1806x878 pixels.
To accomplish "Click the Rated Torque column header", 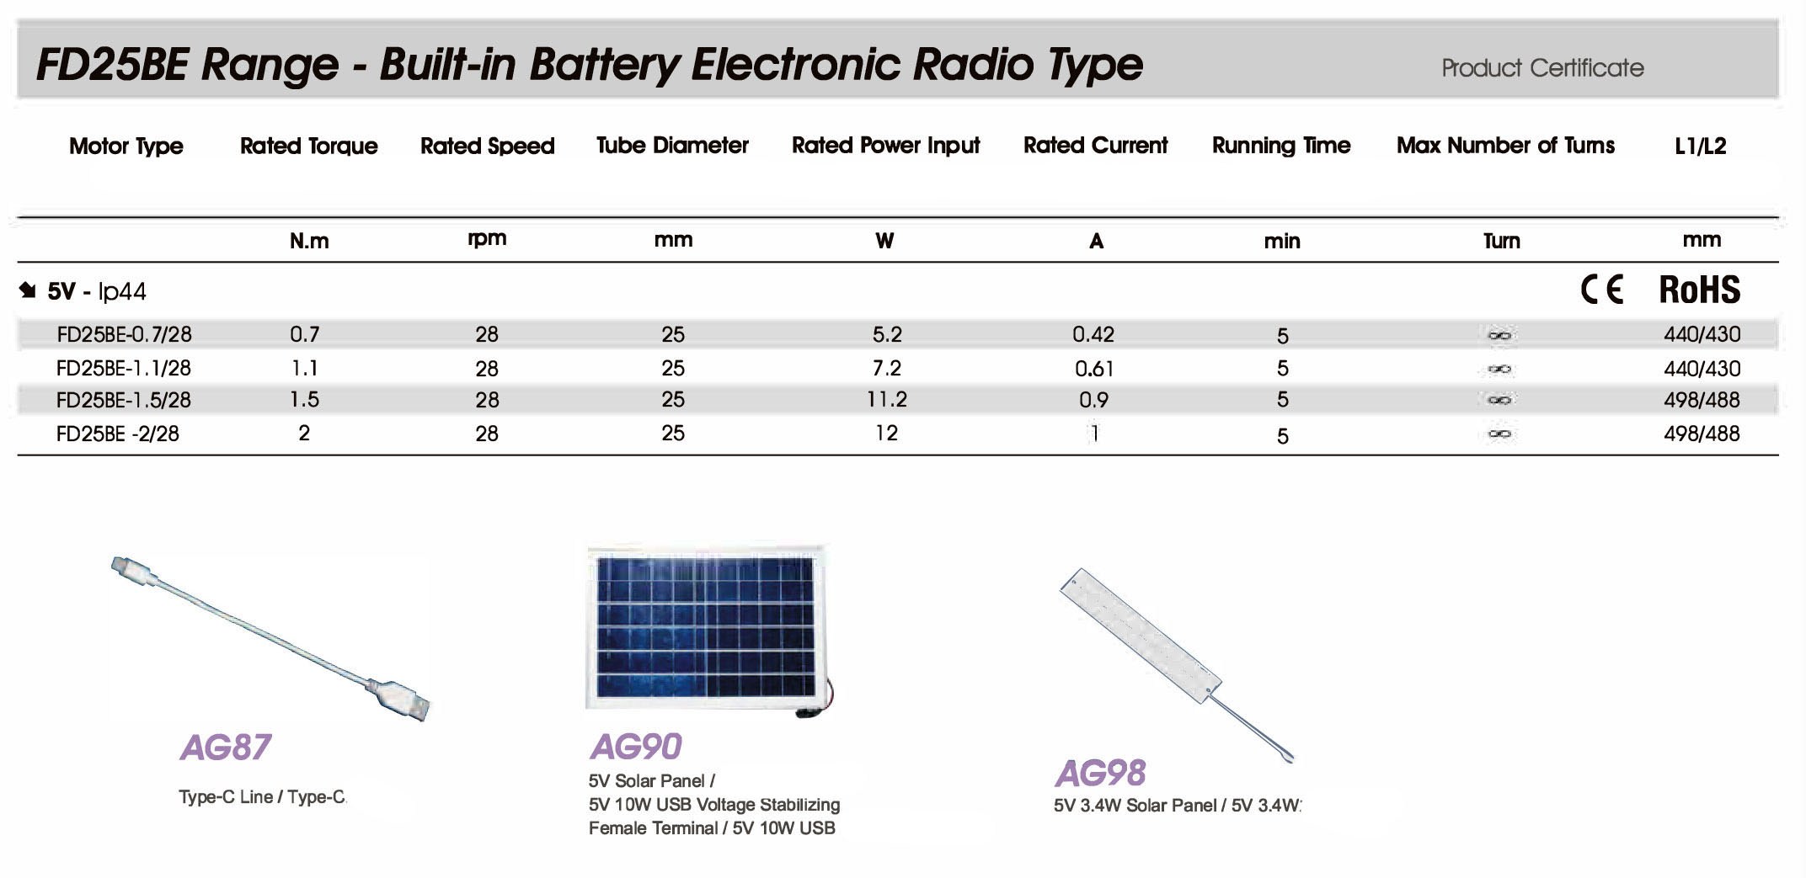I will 308,146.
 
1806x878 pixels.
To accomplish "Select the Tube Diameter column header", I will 672,146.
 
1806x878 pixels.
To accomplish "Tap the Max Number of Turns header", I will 1505,146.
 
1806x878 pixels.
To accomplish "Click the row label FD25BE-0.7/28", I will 124,334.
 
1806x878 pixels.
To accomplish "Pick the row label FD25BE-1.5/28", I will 124,400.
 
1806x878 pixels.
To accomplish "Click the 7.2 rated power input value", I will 886,368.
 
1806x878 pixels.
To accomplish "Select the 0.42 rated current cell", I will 1093,334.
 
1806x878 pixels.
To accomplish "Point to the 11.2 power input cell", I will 886,400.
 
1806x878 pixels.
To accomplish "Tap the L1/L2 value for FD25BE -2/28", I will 1702,434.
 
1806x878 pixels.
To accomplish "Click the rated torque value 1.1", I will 304,368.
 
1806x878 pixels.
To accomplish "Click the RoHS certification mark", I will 1699,290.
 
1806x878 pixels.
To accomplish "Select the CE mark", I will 1601,290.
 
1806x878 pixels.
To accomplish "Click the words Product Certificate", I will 1542,67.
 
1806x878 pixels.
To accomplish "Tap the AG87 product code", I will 225,748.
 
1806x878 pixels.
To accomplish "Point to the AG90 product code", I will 636,747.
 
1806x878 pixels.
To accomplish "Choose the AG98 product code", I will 1100,773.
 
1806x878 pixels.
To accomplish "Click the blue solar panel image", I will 706,627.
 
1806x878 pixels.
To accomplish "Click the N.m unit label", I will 309,242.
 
